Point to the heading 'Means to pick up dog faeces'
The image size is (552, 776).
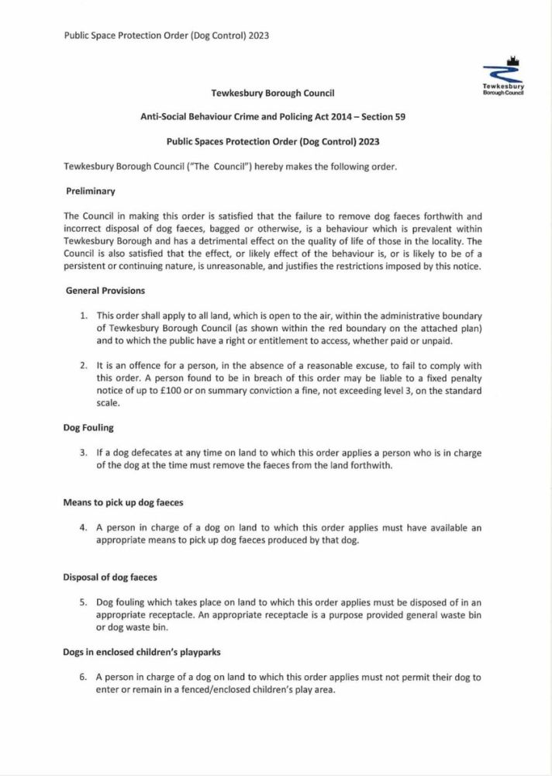(x=122, y=502)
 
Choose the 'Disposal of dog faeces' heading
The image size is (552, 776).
(x=111, y=578)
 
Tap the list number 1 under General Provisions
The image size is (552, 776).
(x=84, y=316)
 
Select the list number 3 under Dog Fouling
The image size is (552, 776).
(x=84, y=453)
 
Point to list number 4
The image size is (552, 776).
(x=84, y=528)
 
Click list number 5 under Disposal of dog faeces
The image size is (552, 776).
(x=84, y=602)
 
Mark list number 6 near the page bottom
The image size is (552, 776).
(x=84, y=677)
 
